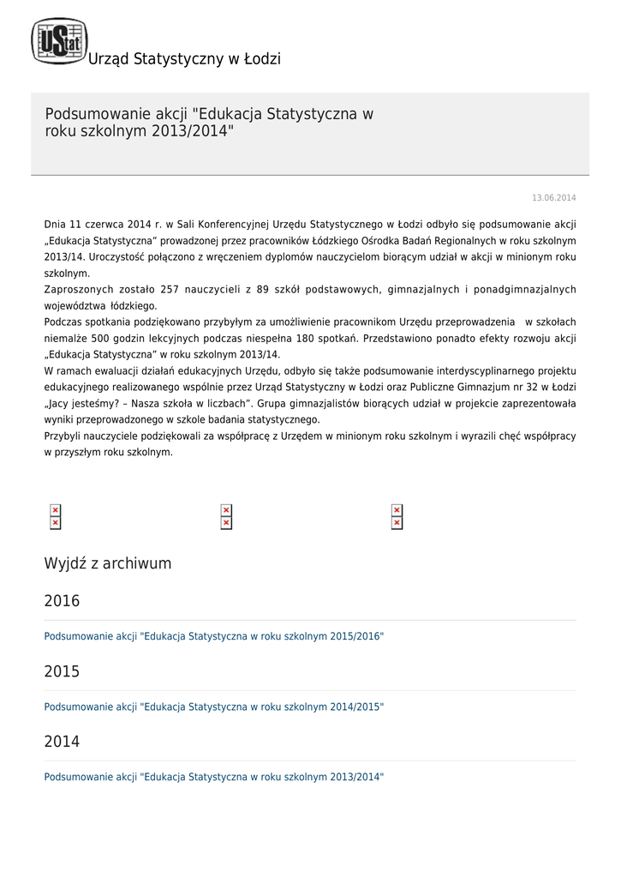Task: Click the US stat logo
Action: (x=59, y=41)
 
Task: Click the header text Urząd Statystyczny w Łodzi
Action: (x=184, y=59)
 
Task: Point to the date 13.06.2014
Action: (x=554, y=198)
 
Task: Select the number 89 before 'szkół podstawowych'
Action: (x=263, y=290)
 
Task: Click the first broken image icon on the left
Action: (x=56, y=517)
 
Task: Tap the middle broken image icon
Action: (x=226, y=517)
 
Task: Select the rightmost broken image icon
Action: (x=397, y=517)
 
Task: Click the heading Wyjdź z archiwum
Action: (x=108, y=563)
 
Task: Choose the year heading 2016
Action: (x=62, y=601)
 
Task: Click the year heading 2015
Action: (x=62, y=671)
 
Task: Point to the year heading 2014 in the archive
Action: (x=62, y=742)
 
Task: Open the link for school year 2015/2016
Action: (x=214, y=637)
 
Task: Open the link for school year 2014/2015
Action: (x=214, y=707)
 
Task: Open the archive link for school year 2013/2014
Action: (x=214, y=778)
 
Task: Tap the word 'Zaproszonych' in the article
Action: (x=77, y=290)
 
